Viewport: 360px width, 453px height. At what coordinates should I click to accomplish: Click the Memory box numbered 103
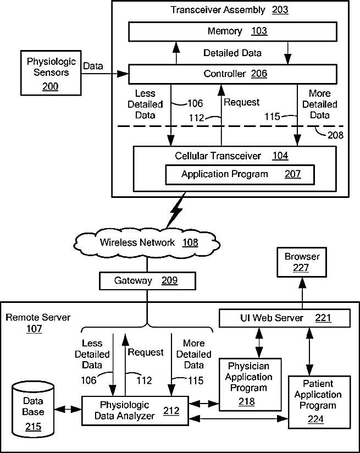(x=232, y=31)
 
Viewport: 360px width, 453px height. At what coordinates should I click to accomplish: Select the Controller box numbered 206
(x=232, y=74)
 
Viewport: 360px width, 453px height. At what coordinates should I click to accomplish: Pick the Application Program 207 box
(x=241, y=174)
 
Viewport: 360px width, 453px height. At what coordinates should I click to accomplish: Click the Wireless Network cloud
(x=144, y=242)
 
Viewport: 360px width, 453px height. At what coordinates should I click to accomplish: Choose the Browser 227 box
(x=302, y=262)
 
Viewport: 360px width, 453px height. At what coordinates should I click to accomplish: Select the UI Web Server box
(x=284, y=318)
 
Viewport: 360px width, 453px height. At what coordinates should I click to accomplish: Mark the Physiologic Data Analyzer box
(x=135, y=409)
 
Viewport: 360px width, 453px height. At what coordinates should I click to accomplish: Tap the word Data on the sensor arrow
(x=93, y=66)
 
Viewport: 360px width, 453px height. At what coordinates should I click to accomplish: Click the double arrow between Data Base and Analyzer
(x=68, y=410)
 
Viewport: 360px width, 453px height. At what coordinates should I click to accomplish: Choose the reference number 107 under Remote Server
(x=34, y=329)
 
